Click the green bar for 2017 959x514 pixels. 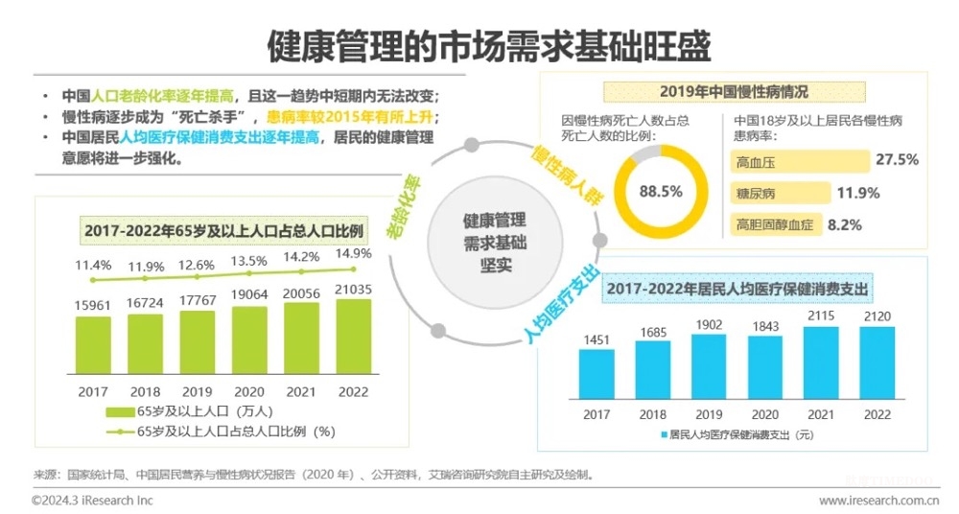[x=94, y=344]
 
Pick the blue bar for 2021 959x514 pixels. [x=821, y=362]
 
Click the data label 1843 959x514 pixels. [x=764, y=329]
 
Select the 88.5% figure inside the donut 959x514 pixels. [x=661, y=191]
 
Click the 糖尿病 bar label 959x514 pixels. [x=756, y=194]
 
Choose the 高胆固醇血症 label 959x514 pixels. [x=774, y=226]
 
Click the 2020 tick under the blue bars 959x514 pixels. [x=764, y=414]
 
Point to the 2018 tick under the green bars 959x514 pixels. [x=146, y=391]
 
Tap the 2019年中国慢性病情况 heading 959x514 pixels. [x=734, y=92]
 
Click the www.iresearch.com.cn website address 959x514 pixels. [x=877, y=501]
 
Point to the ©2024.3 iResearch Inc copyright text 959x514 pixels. [x=92, y=501]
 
